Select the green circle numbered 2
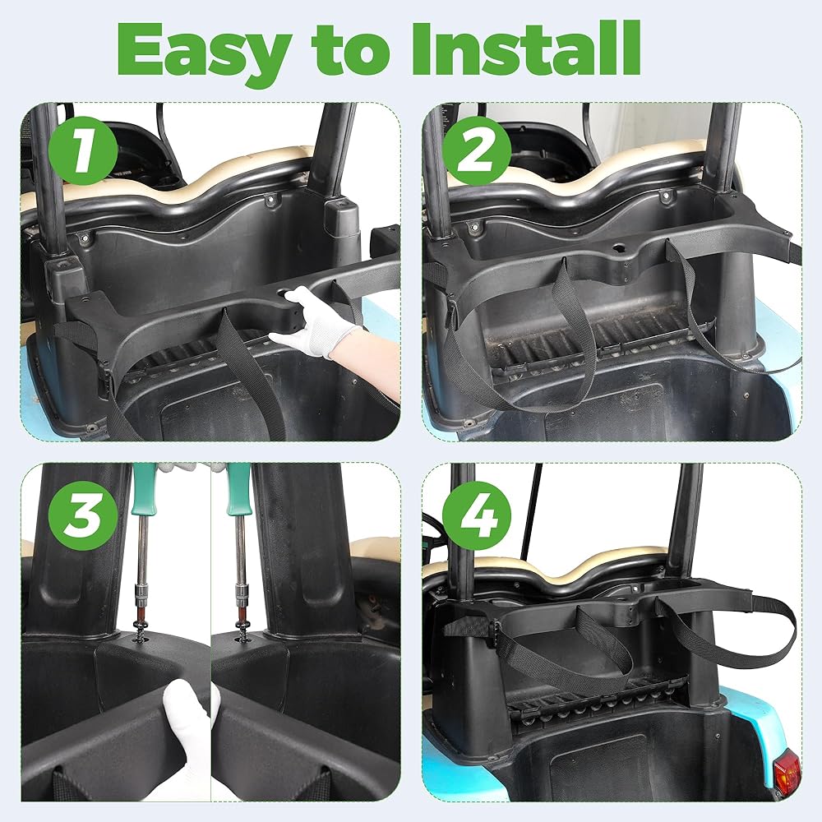click(x=477, y=150)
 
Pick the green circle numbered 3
click(x=83, y=515)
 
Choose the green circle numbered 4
click(x=477, y=515)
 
